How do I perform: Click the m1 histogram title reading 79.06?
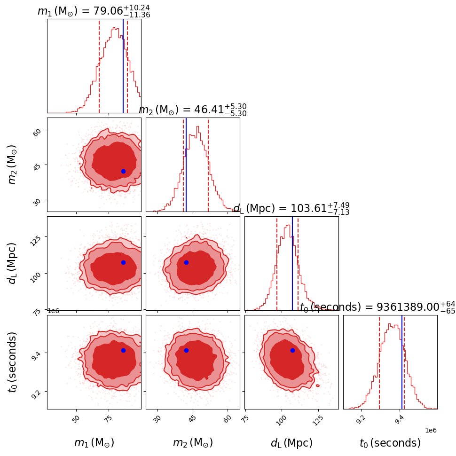pyautogui.click(x=94, y=11)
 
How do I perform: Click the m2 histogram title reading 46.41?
pyautogui.click(x=192, y=110)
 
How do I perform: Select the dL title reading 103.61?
pyautogui.click(x=291, y=209)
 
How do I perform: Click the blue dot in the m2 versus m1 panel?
pyautogui.click(x=123, y=171)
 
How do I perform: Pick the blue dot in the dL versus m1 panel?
pyautogui.click(x=123, y=262)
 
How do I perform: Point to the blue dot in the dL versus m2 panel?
pyautogui.click(x=186, y=262)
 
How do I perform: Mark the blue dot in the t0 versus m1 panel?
pyautogui.click(x=123, y=350)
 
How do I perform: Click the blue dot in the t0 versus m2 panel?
pyautogui.click(x=186, y=350)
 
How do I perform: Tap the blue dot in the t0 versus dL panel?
pyautogui.click(x=292, y=350)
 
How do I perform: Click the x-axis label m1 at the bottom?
pyautogui.click(x=94, y=443)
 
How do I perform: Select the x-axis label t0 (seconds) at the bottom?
pyautogui.click(x=390, y=443)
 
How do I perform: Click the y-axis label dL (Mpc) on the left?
pyautogui.click(x=12, y=263)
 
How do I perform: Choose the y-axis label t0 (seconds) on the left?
pyautogui.click(x=12, y=362)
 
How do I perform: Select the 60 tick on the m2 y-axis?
pyautogui.click(x=36, y=133)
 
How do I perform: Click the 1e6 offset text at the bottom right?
pyautogui.click(x=431, y=430)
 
